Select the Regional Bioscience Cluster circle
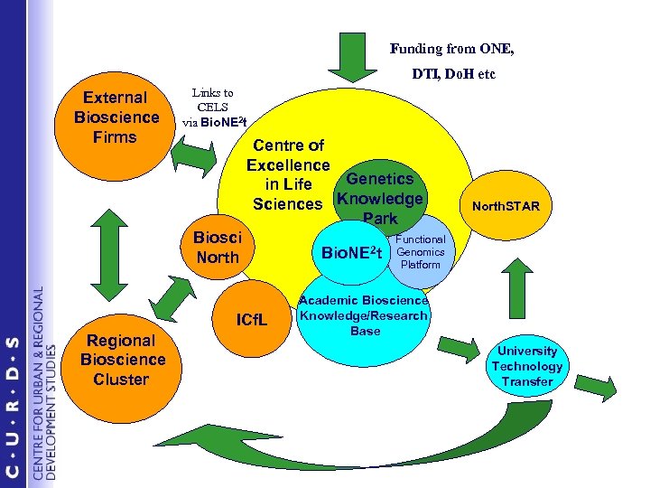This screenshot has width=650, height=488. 122,360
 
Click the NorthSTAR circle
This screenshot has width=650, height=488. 512,206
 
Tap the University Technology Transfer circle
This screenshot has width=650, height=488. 526,366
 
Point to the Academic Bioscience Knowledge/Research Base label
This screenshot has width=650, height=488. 364,315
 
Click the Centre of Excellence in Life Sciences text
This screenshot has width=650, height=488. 289,174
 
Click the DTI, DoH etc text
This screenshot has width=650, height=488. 454,74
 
